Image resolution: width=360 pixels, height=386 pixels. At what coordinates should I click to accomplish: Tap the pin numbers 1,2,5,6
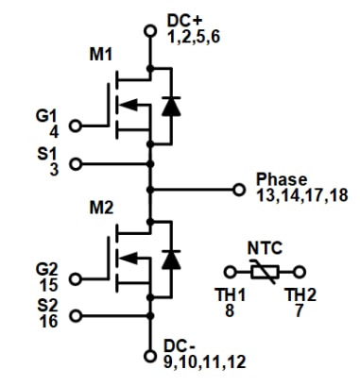[x=194, y=38]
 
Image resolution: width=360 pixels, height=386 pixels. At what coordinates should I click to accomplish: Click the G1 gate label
[x=45, y=116]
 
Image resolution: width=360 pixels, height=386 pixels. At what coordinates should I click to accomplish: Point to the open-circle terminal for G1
[x=76, y=125]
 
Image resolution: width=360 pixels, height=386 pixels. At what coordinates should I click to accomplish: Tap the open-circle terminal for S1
[x=76, y=162]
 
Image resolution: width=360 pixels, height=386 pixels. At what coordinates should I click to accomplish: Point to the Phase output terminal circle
[x=239, y=189]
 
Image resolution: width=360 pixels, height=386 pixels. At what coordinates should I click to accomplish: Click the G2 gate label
[x=44, y=270]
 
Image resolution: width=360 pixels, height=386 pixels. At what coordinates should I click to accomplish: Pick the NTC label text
[x=266, y=249]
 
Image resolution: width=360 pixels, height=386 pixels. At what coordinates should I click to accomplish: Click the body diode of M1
[x=170, y=106]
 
